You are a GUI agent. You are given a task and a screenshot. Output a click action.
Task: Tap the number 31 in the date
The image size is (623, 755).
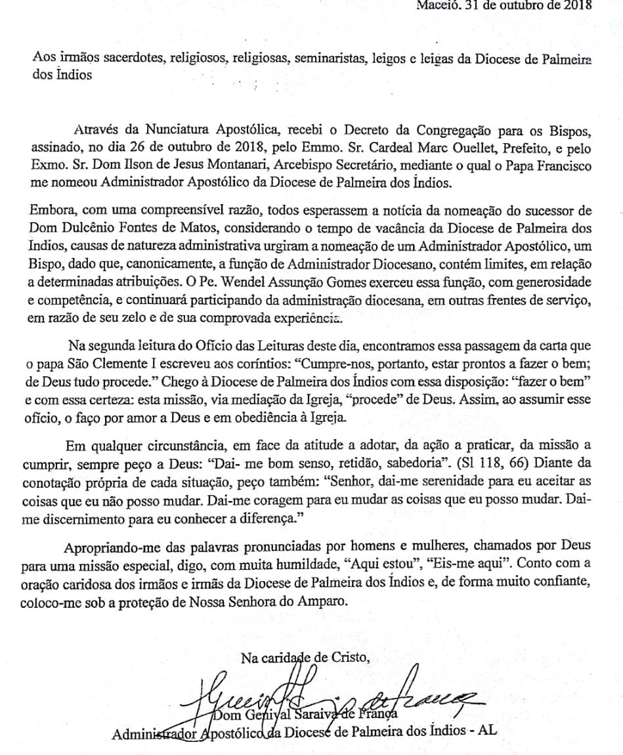(x=471, y=5)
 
